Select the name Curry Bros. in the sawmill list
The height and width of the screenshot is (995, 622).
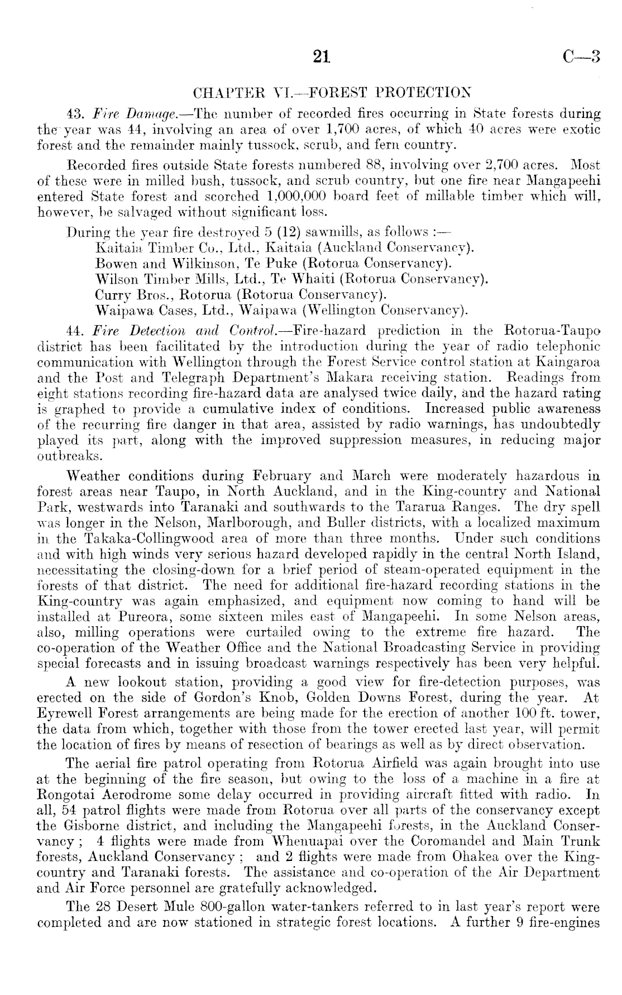pyautogui.click(x=126, y=294)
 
